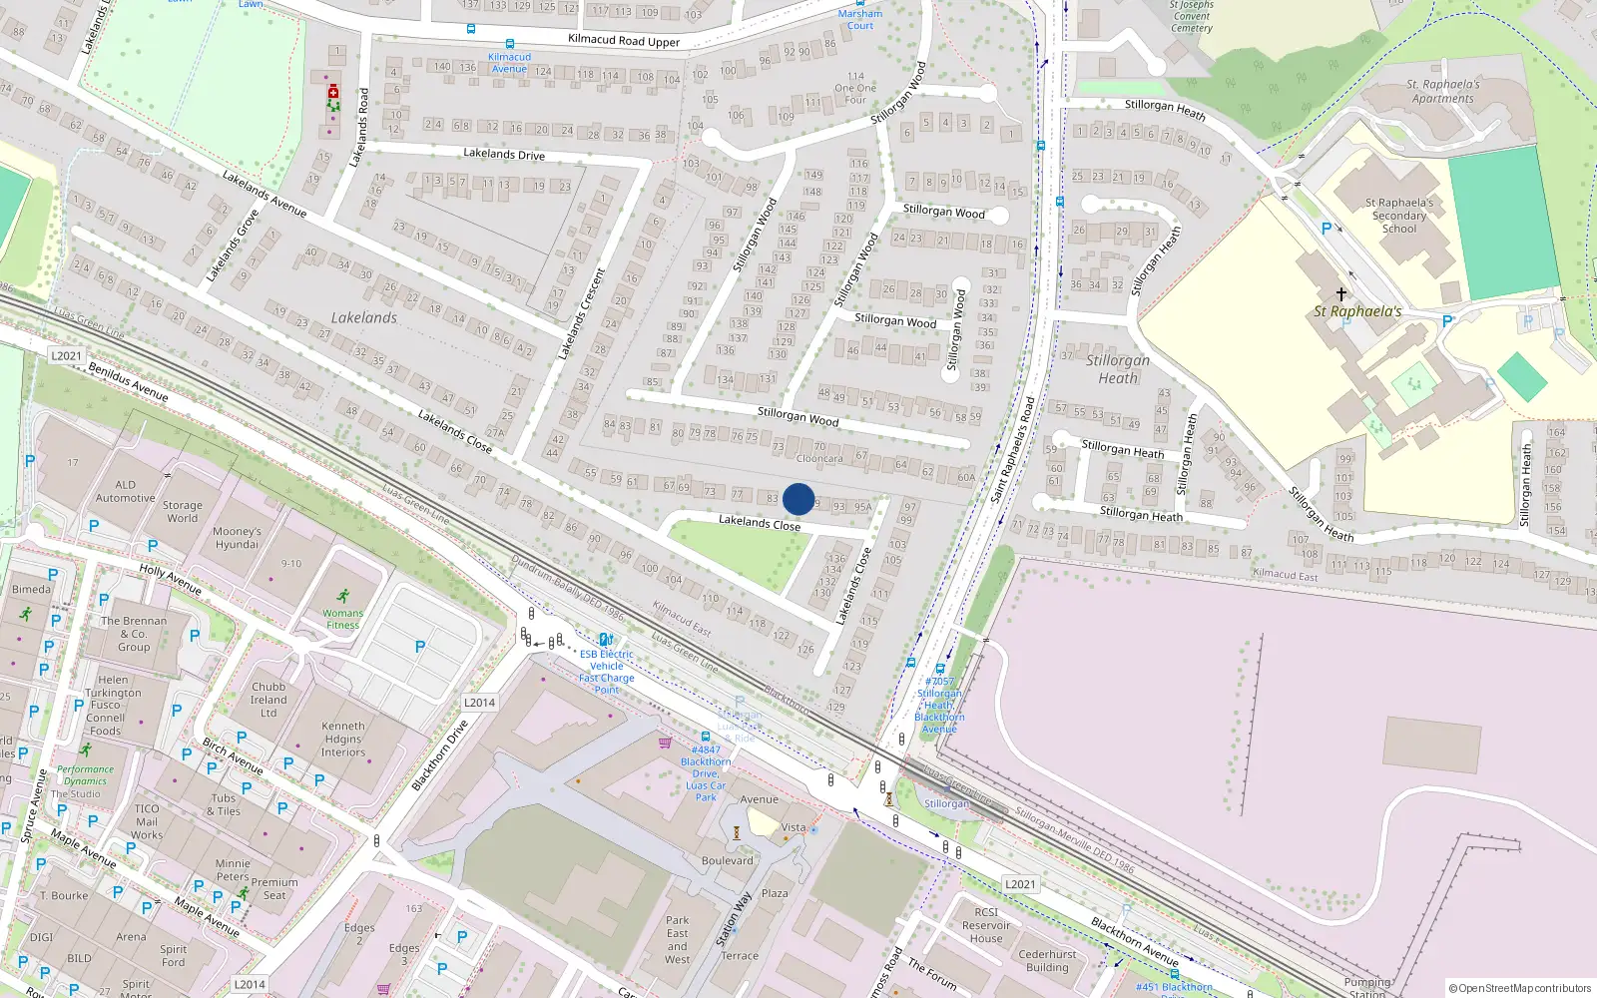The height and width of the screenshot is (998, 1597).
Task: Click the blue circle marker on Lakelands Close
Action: [798, 499]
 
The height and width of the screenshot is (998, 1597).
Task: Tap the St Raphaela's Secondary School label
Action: [1398, 216]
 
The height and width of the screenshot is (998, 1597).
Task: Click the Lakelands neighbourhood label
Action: [364, 317]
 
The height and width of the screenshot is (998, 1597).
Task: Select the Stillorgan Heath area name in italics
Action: [1118, 369]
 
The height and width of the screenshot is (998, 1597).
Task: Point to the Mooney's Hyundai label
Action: [237, 538]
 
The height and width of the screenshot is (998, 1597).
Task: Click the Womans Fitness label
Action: [342, 619]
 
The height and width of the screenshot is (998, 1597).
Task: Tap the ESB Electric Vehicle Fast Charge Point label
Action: [607, 672]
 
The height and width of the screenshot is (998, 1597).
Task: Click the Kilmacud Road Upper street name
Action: [624, 41]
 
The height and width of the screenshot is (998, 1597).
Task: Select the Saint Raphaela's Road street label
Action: [1013, 449]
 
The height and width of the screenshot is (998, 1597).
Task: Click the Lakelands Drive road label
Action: [504, 154]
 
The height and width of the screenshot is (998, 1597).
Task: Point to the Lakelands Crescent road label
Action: [581, 314]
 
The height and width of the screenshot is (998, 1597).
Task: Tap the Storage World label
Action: [182, 511]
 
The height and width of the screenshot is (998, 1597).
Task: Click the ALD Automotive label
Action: [126, 491]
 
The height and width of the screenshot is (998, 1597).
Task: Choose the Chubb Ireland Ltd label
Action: [268, 700]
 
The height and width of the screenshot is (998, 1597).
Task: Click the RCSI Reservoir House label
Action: [986, 925]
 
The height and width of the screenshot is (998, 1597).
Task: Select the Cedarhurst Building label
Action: [1047, 960]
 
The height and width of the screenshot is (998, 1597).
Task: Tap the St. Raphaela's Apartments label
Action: [1443, 91]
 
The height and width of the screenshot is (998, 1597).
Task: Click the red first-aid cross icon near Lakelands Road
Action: [333, 92]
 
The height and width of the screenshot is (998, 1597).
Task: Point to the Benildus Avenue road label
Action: [128, 381]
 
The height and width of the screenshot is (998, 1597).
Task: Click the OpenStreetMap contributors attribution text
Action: [1521, 988]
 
